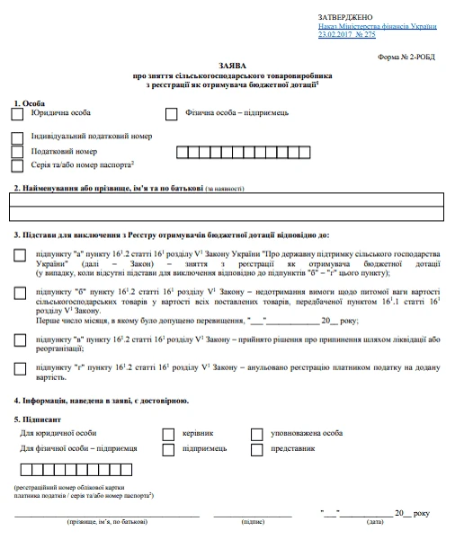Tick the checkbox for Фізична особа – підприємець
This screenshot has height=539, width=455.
(172, 114)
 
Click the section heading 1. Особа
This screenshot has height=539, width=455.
(29, 103)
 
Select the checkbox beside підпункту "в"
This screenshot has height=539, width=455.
(20, 340)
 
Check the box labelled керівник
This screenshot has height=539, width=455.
(168, 434)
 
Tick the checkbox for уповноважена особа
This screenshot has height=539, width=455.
(256, 434)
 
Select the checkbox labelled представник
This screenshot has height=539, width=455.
(256, 448)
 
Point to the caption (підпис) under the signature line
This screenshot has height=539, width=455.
(253, 522)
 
